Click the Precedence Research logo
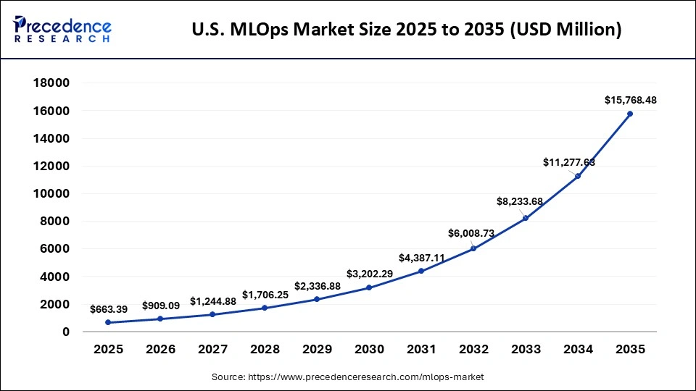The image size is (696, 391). pos(62,30)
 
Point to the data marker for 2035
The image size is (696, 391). pos(630,114)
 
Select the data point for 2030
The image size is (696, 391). pos(369,287)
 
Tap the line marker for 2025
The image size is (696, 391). pos(108,322)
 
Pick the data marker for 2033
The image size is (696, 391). pos(526,218)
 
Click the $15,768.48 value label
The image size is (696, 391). pos(630,100)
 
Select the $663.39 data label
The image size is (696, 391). pos(108,309)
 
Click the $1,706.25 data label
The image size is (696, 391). pos(265,295)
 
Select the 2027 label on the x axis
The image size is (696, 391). pos(212,349)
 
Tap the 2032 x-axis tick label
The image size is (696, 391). pos(473,349)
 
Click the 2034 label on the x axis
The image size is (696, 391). pos(578,349)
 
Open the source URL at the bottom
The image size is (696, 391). pos(347,377)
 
